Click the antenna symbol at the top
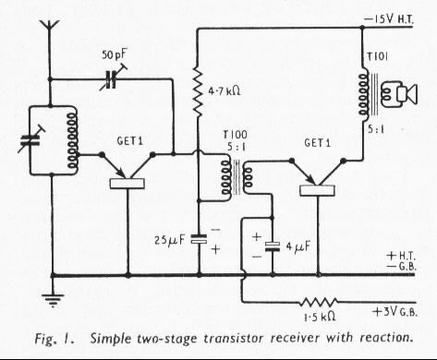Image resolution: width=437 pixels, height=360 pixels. [x=49, y=26]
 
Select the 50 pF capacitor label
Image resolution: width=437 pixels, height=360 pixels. [x=114, y=54]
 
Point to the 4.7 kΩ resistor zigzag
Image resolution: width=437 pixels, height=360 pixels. [x=199, y=92]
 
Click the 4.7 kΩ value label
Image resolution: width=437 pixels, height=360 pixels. [x=225, y=91]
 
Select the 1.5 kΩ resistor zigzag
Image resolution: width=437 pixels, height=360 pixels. [x=319, y=302]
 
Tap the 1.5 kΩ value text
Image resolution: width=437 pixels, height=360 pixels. [x=320, y=317]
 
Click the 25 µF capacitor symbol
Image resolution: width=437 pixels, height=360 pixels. [x=199, y=239]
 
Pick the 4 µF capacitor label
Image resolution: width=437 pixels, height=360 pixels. [x=297, y=246]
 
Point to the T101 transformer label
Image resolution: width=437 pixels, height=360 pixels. [x=378, y=56]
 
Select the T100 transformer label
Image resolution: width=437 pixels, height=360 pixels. [x=236, y=135]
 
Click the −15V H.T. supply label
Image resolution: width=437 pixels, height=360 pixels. [x=389, y=19]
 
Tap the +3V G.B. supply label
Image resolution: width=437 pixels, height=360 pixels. [x=395, y=312]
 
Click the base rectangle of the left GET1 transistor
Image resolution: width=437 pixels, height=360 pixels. [x=127, y=184]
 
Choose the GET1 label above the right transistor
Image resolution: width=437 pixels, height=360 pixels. [x=317, y=143]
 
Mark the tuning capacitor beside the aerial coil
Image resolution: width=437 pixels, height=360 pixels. [x=30, y=140]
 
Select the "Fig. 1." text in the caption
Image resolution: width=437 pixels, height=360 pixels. [x=54, y=339]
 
